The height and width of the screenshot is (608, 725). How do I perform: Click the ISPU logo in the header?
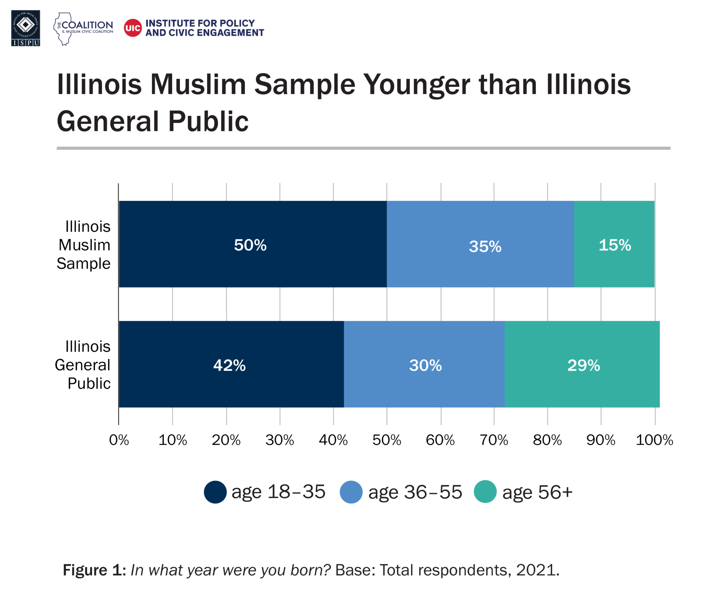coord(25,28)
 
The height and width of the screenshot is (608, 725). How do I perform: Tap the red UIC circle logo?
coord(133,28)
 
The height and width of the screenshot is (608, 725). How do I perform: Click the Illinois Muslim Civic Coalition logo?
coord(83,29)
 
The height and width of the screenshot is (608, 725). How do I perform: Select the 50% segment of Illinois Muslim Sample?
coord(253,244)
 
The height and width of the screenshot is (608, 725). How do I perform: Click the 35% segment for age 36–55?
coord(480,244)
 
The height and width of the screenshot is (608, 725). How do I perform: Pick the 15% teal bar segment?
coord(614,244)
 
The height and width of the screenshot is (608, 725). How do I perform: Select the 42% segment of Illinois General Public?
coord(231,364)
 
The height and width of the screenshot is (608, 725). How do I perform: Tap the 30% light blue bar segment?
coord(424,364)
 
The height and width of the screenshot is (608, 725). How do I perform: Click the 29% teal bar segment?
coord(582,364)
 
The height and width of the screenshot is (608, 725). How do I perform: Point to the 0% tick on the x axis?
coord(119,440)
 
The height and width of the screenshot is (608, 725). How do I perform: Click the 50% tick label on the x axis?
coord(387,440)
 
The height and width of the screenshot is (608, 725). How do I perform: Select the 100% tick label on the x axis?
coord(654,440)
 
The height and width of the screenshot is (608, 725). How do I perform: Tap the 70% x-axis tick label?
coord(493,440)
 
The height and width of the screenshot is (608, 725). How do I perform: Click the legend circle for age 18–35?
coord(215,492)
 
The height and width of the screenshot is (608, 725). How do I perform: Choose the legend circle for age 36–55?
coord(351,492)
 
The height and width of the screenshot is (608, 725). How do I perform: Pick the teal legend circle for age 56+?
coord(485,491)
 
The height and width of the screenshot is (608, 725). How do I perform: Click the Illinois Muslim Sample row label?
coord(84,245)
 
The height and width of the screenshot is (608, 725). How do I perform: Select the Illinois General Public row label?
coord(83,365)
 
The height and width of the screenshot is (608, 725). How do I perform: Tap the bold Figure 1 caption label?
coord(94,570)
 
